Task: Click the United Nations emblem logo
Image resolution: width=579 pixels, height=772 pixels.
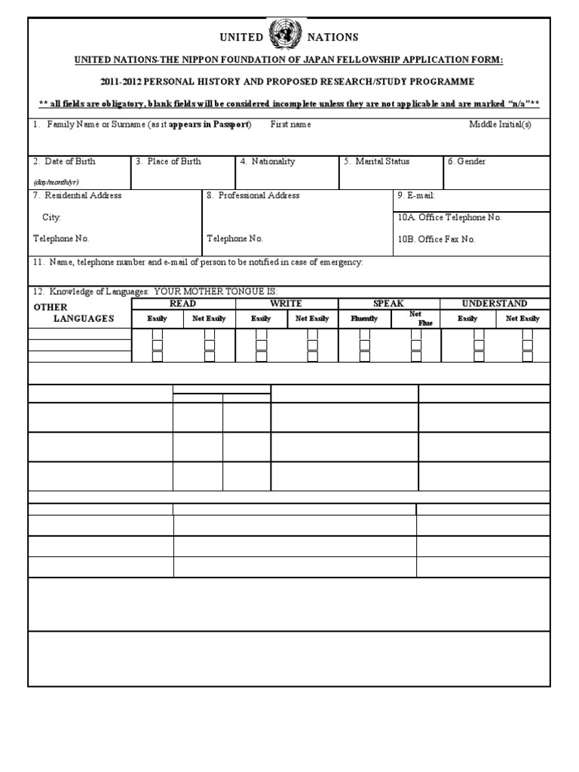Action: tap(286, 34)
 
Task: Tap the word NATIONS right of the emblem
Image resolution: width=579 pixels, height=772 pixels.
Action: tap(331, 37)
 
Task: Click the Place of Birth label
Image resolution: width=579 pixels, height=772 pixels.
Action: tap(169, 161)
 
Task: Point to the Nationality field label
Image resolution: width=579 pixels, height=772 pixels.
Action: tap(268, 161)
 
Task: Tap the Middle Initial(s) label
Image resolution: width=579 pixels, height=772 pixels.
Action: tap(500, 124)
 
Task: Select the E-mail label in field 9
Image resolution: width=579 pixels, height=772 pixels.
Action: tap(416, 195)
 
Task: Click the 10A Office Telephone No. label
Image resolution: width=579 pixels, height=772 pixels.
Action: tap(449, 217)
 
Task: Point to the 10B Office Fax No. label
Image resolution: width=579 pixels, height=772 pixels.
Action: tap(437, 239)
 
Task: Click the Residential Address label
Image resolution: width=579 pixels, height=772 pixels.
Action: tap(77, 195)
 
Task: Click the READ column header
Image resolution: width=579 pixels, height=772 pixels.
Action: tap(183, 303)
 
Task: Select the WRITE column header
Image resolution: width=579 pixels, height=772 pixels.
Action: tap(286, 303)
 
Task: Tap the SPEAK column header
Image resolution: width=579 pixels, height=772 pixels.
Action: tap(389, 303)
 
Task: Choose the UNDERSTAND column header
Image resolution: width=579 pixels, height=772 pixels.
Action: tap(495, 303)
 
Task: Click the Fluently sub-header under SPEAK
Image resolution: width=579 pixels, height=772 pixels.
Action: tap(364, 319)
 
